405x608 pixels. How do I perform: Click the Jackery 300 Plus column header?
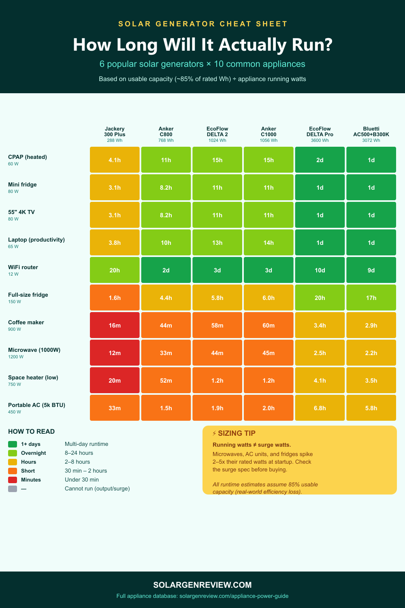pos(115,134)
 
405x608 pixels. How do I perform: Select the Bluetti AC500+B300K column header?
pos(371,134)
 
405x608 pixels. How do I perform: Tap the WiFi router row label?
pos(23,267)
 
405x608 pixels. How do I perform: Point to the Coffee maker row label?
pos(26,322)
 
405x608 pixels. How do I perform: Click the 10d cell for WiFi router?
pos(320,270)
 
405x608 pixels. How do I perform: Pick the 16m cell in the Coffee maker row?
pos(115,325)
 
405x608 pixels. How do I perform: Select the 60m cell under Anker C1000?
pos(269,325)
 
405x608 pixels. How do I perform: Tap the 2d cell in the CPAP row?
pos(320,160)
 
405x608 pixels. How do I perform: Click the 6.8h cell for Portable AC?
pos(320,408)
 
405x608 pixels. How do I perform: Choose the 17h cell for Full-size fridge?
pos(371,298)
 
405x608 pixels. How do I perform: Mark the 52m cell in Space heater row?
pos(166,381)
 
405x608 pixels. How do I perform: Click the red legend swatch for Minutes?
pos(13,480)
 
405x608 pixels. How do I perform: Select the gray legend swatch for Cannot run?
pos(13,489)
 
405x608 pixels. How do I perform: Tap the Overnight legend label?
pos(33,453)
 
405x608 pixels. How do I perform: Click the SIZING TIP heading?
pos(237,433)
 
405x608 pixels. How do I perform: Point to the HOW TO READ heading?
pos(31,432)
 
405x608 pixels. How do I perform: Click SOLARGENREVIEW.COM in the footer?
pos(202,585)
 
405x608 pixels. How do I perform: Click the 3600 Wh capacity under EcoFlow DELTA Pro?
pos(320,141)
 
